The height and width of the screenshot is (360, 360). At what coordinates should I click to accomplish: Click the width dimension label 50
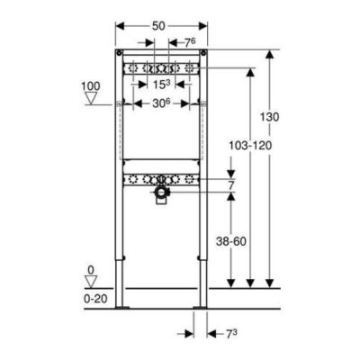(158, 26)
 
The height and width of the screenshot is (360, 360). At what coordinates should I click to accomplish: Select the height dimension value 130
(269, 117)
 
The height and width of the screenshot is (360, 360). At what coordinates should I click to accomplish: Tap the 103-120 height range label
(250, 146)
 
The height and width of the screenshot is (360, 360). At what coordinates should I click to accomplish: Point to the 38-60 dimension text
(231, 241)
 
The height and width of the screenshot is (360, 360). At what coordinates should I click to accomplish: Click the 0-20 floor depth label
(95, 299)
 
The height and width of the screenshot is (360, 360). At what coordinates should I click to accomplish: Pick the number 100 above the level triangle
(91, 86)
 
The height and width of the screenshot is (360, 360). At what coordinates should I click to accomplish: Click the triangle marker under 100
(91, 98)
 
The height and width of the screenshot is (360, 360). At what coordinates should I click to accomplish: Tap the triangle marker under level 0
(91, 282)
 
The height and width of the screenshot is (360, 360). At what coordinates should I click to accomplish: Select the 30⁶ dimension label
(161, 103)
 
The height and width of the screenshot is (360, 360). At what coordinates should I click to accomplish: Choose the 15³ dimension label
(161, 85)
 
